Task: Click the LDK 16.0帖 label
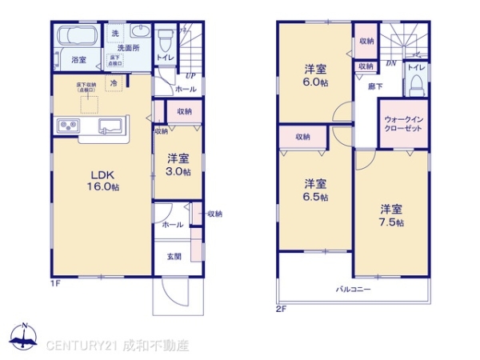tap(103, 180)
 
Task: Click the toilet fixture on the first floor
tap(165, 38)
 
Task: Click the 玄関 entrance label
tap(174, 257)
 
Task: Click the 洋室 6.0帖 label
tap(314, 74)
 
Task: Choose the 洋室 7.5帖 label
tap(391, 215)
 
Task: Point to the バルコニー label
tap(352, 290)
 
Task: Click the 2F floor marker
tap(280, 308)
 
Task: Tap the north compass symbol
tap(25, 337)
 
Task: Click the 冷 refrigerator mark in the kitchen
tap(114, 82)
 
